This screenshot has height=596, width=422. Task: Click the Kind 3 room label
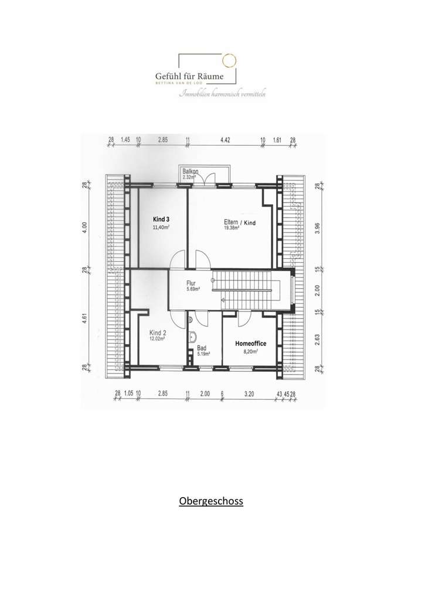click(161, 218)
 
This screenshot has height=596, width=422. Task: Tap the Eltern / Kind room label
click(240, 222)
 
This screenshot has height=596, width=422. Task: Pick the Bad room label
click(202, 348)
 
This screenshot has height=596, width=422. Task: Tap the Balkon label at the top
click(190, 172)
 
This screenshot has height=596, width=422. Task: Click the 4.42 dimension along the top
click(226, 141)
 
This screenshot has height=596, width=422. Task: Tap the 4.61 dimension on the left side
click(85, 320)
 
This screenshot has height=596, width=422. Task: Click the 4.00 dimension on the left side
click(85, 227)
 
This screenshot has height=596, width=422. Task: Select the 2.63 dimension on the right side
click(317, 340)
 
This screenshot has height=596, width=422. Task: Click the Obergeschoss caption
click(211, 502)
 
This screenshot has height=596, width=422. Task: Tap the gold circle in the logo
click(229, 60)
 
